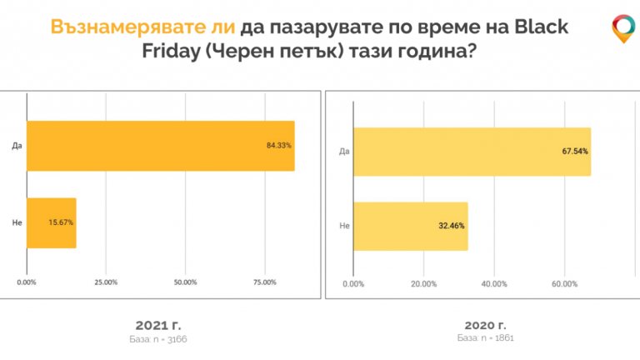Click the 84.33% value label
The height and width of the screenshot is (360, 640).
pyautogui.click(x=278, y=146)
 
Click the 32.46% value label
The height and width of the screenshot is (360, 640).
pyautogui.click(x=452, y=227)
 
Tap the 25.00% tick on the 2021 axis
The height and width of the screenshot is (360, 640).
pyautogui.click(x=106, y=282)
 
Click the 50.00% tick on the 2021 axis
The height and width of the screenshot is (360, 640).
pyautogui.click(x=185, y=282)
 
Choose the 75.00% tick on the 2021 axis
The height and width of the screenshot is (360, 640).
pyautogui.click(x=264, y=282)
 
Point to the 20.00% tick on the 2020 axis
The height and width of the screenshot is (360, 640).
pyautogui.click(x=423, y=284)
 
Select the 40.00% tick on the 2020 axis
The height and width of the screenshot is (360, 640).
pyautogui.click(x=494, y=284)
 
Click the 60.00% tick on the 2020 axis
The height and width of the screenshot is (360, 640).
pyautogui.click(x=564, y=284)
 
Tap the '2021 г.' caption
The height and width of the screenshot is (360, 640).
pyautogui.click(x=158, y=324)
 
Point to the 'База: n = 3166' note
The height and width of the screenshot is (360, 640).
pyautogui.click(x=158, y=339)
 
